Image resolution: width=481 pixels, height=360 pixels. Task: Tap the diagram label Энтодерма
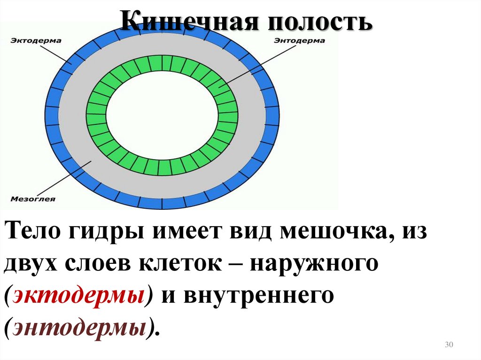tap(299, 41)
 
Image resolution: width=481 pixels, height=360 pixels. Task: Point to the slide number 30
tap(448, 345)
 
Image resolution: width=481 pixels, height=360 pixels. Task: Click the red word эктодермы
tap(79, 296)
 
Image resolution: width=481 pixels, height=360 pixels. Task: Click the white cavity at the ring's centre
tap(162, 115)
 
